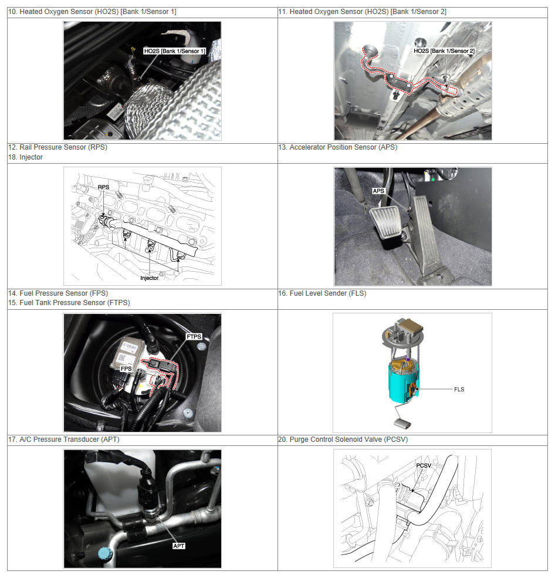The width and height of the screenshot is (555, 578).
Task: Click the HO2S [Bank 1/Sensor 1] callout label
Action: (174, 51)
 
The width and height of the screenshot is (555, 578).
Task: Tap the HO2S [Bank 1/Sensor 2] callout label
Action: (444, 51)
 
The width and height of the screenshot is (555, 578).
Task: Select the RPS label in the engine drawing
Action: (104, 187)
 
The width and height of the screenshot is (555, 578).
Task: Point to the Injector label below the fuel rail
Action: (149, 278)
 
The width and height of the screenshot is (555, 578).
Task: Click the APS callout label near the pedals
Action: (378, 191)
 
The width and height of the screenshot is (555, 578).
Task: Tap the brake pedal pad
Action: (385, 222)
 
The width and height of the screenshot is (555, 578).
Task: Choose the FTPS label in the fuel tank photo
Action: (194, 337)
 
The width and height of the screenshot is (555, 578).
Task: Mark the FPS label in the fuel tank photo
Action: (126, 369)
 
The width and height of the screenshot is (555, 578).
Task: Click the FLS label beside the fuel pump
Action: (459, 389)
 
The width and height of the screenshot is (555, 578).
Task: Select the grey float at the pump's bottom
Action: (402, 424)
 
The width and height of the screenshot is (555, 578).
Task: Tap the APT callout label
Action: (179, 546)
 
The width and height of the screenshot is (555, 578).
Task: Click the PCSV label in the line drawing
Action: (424, 465)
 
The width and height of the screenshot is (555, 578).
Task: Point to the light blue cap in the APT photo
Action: (104, 553)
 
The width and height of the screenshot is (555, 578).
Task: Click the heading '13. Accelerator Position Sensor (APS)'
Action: (337, 147)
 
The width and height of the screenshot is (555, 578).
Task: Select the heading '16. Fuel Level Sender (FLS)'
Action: (322, 293)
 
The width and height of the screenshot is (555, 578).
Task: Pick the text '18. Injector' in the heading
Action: (25, 157)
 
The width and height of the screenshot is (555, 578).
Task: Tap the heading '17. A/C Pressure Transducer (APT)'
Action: (64, 440)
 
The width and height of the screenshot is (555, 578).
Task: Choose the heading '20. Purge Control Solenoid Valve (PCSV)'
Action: (343, 440)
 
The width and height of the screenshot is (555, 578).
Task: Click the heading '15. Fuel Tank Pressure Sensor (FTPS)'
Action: (69, 303)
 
